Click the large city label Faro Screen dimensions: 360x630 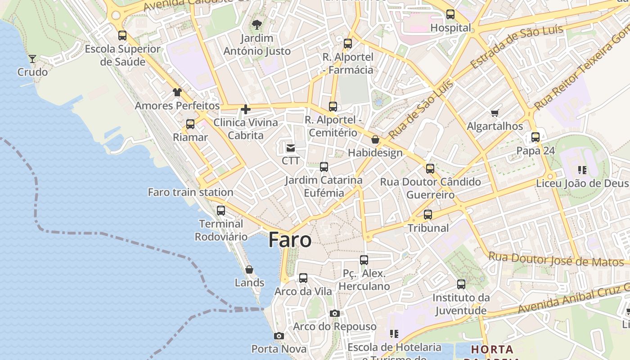[x=290, y=240]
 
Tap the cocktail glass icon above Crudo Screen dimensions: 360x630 [x=32, y=58]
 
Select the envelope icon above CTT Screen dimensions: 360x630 [x=291, y=147]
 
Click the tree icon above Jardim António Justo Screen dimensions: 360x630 [x=257, y=24]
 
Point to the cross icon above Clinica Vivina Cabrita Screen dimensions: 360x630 [x=246, y=109]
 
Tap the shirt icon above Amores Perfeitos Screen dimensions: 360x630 [x=177, y=92]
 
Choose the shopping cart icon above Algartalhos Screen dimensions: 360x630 [x=495, y=113]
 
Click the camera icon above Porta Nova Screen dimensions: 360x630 [x=279, y=336]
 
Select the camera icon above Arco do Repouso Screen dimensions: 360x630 [x=335, y=313]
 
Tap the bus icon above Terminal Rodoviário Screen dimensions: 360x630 [x=221, y=210]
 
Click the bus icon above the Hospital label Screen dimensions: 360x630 [x=450, y=14]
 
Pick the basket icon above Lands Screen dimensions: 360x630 [x=249, y=270]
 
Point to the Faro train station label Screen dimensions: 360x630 [x=190, y=192]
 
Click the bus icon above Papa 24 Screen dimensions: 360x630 [x=535, y=137]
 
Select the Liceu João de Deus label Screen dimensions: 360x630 [x=582, y=183]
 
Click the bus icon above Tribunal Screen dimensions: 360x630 [x=428, y=215]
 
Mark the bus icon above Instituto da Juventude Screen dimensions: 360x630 [x=461, y=284]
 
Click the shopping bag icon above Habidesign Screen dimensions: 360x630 [x=375, y=139]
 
